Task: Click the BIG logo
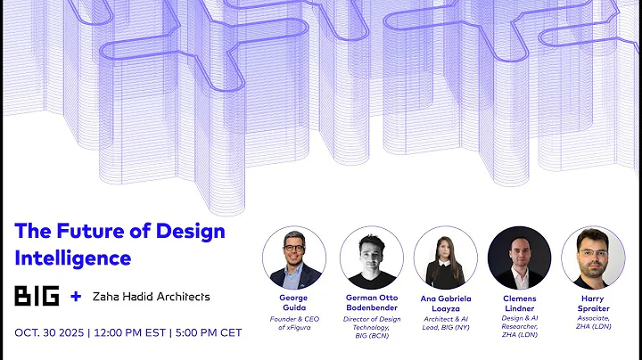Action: (37, 296)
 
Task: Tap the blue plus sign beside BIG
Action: (76, 296)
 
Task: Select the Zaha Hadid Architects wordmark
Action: (152, 296)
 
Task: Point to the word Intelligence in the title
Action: (73, 258)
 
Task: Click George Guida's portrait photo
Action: (294, 257)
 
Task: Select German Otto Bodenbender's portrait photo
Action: (369, 257)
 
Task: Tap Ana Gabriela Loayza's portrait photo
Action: (445, 257)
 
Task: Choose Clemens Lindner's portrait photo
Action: (519, 257)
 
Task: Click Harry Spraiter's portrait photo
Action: (592, 257)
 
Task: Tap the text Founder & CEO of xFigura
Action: (294, 323)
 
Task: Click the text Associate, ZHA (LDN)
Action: (592, 323)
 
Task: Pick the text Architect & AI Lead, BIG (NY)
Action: (445, 323)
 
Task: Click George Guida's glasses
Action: (295, 247)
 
